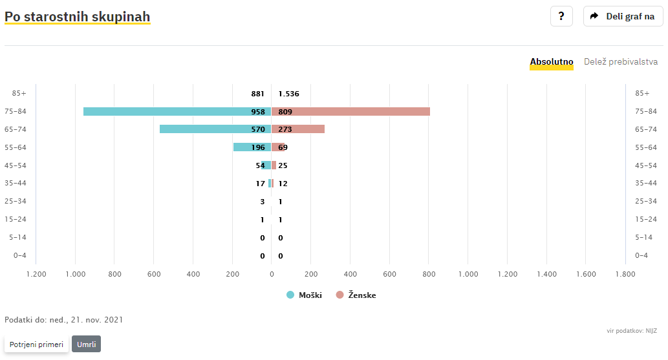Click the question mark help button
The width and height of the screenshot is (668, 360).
pyautogui.click(x=561, y=16)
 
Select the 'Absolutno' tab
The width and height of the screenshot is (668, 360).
pyautogui.click(x=551, y=62)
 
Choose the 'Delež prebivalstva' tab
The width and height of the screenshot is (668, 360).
pyautogui.click(x=621, y=62)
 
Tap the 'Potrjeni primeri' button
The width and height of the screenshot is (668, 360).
pyautogui.click(x=36, y=344)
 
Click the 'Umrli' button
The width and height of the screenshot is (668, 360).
pyautogui.click(x=86, y=344)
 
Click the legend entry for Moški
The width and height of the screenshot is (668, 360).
pyautogui.click(x=304, y=295)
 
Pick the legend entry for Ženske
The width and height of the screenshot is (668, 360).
pyautogui.click(x=356, y=295)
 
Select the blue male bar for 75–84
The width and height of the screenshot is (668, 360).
pyautogui.click(x=177, y=112)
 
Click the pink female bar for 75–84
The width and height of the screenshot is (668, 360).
pyautogui.click(x=350, y=112)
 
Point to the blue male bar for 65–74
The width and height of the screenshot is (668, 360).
pyautogui.click(x=215, y=129)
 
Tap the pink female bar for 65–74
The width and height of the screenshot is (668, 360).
pyautogui.click(x=298, y=129)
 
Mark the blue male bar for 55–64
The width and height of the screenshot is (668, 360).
pyautogui.click(x=252, y=147)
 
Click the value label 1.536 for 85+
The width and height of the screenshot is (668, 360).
pyautogui.click(x=289, y=94)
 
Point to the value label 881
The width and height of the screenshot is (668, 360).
pyautogui.click(x=258, y=94)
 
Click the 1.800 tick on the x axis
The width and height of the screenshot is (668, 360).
pyautogui.click(x=625, y=274)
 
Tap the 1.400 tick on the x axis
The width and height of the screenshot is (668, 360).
pyautogui.click(x=546, y=274)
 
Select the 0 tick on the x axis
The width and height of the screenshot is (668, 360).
pyautogui.click(x=272, y=274)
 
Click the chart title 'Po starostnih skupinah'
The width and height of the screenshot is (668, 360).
pyautogui.click(x=77, y=17)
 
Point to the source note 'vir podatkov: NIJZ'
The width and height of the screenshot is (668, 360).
pyautogui.click(x=632, y=331)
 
